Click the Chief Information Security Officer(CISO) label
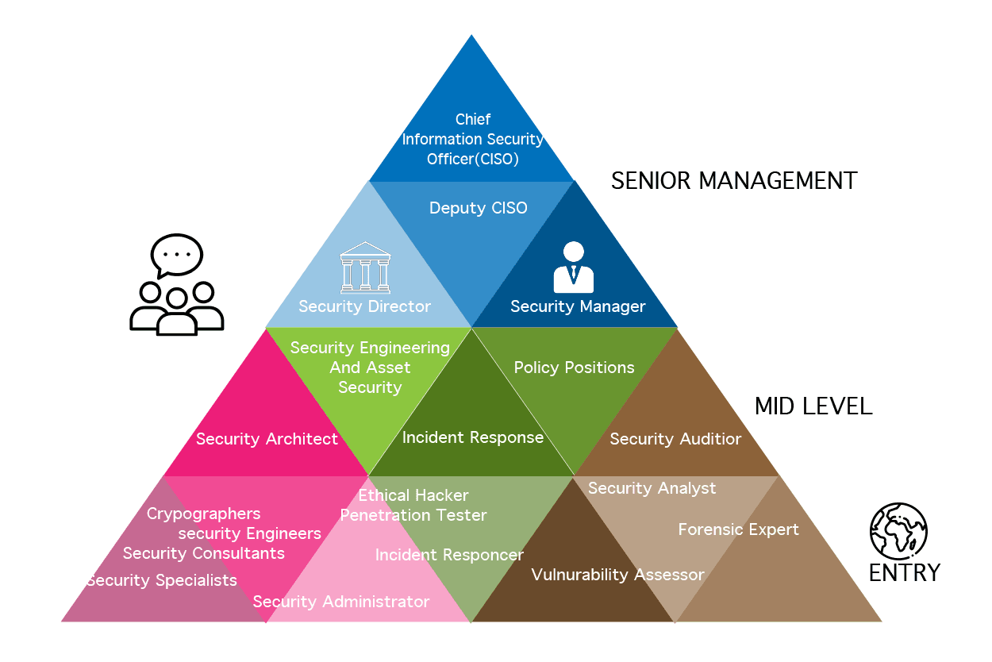tap(473, 139)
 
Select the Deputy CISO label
tap(478, 208)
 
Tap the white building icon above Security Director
tap(365, 267)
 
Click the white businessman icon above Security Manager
tap(573, 267)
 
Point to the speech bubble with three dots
tap(176, 256)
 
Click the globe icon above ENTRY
tap(899, 530)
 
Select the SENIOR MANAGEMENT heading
tap(734, 181)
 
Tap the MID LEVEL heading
tap(813, 406)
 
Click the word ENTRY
tap(904, 572)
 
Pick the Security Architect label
tap(267, 439)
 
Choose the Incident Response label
tap(473, 437)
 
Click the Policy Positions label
tap(574, 368)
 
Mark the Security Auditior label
tap(675, 439)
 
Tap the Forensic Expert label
tap(738, 529)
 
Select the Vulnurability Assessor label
tap(617, 575)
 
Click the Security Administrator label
tap(341, 602)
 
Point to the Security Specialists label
tap(162, 580)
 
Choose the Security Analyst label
tap(652, 488)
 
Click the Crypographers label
tap(204, 514)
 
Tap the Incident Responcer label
tap(449, 555)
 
